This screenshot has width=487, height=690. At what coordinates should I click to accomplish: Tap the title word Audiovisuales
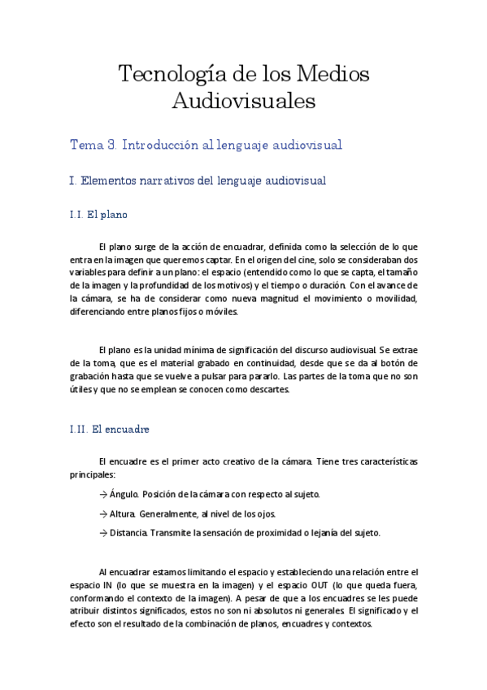point(243,103)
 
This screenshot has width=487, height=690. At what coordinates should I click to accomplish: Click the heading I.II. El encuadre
point(110,429)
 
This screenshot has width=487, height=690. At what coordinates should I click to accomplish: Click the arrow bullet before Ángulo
point(102,494)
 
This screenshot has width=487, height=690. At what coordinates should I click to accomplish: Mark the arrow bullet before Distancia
point(102,533)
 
